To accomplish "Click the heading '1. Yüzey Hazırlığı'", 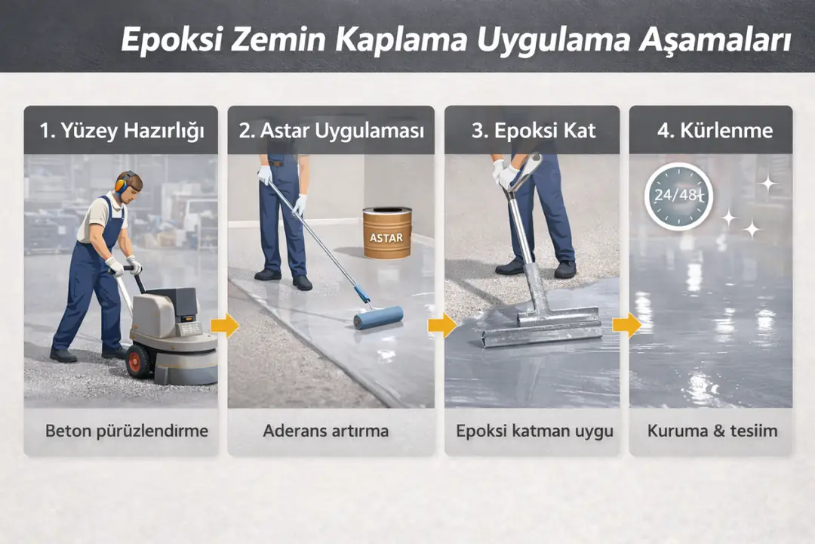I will (121, 131).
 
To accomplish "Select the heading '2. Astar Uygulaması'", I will (331, 131).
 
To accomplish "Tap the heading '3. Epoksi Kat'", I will (533, 131).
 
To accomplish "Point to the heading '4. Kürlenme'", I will (714, 131).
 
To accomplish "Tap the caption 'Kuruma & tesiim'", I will (712, 431).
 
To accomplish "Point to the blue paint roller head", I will (378, 317).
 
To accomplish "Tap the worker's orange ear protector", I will (121, 184).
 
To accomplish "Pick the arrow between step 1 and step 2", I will (224, 326).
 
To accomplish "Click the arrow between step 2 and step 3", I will (441, 326).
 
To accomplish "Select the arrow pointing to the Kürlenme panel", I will (626, 326).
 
